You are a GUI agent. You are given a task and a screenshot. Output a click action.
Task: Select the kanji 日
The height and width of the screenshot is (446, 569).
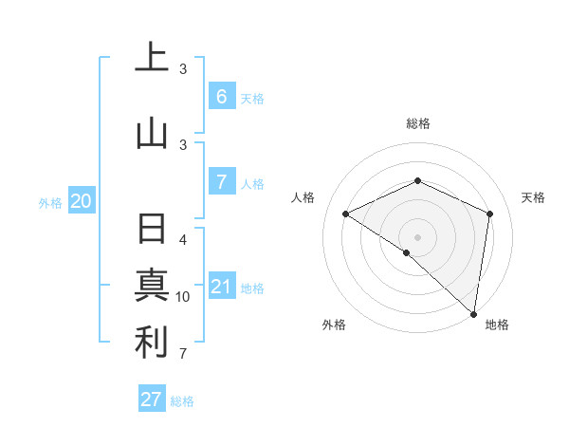152,231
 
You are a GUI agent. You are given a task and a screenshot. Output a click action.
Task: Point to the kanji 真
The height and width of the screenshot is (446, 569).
152,286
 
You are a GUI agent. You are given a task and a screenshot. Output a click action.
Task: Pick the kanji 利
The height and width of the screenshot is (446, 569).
152,342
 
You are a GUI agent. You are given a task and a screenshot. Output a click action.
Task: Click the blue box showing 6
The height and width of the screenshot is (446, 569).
221,96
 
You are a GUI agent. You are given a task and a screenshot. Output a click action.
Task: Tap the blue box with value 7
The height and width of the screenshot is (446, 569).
221,181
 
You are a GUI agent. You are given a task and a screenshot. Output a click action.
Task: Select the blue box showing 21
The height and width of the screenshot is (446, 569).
221,286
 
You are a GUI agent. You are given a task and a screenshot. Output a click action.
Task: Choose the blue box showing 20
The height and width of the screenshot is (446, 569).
82,200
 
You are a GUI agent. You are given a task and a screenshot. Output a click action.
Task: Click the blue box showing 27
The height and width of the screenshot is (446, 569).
152,400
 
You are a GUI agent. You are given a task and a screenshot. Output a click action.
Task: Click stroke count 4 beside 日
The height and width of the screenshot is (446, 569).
183,239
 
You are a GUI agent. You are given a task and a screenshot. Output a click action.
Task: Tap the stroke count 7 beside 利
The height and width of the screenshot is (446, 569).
183,354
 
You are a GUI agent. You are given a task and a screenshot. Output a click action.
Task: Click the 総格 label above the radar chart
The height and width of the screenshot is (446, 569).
417,123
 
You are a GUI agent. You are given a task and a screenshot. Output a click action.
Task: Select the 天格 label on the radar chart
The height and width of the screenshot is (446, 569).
533,197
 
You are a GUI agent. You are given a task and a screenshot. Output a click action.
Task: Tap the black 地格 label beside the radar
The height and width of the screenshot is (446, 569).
497,325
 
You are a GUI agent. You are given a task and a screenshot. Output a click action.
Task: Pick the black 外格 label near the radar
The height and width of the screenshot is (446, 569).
334,325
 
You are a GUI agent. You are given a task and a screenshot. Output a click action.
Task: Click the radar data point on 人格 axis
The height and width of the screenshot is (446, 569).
346,214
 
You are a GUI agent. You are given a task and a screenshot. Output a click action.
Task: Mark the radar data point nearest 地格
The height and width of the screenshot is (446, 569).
473,313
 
